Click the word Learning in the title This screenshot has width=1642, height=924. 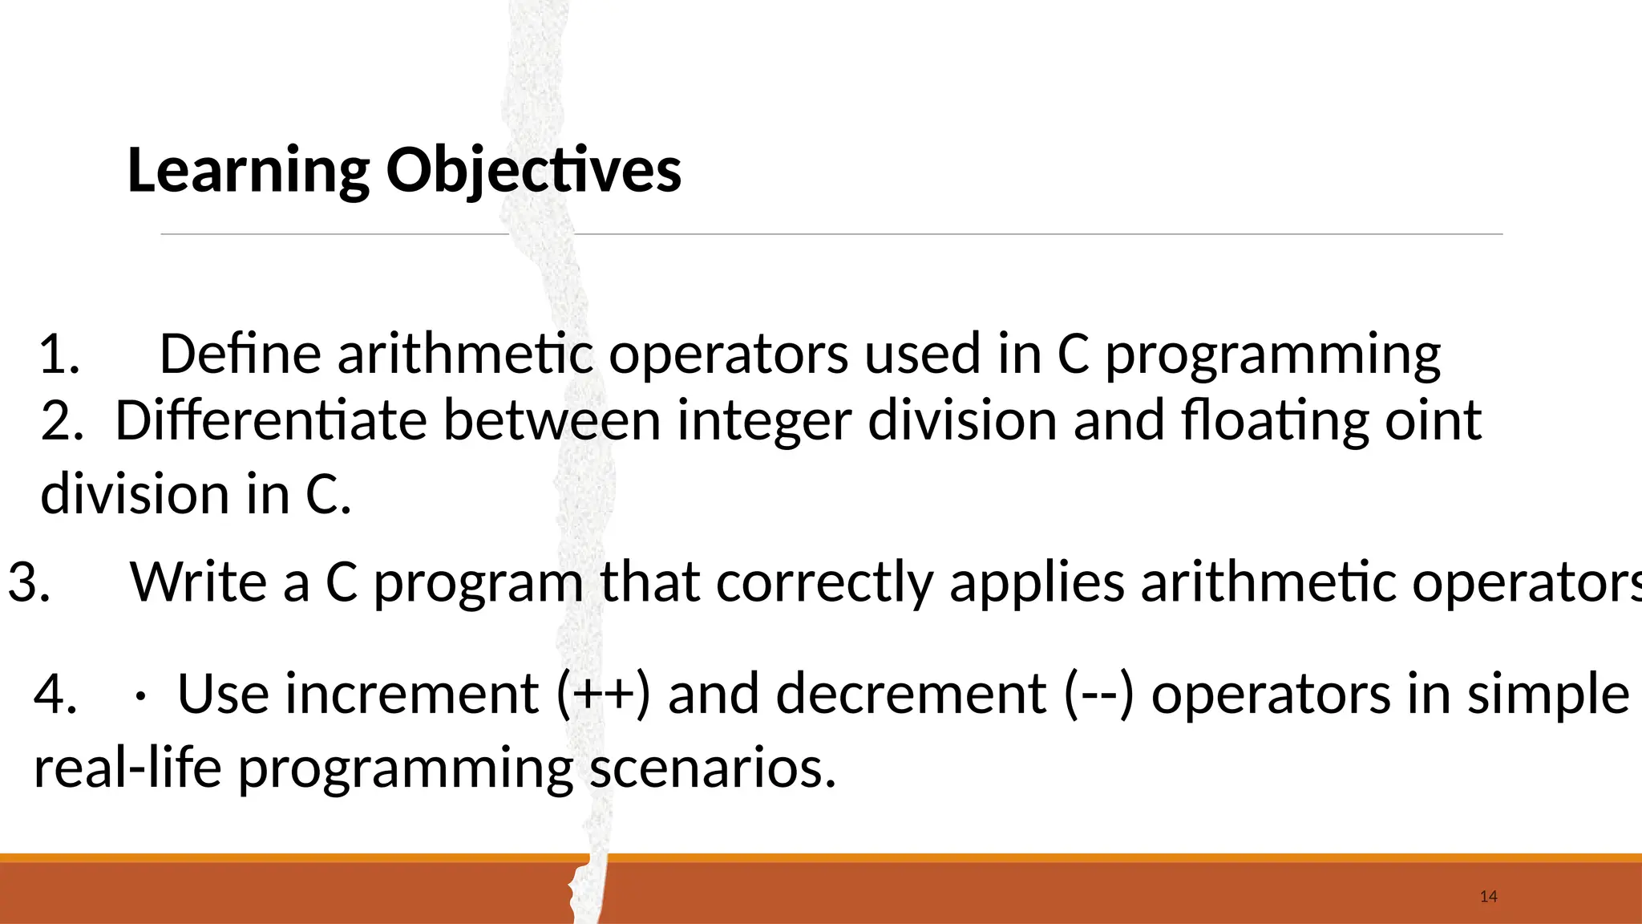pyautogui.click(x=249, y=171)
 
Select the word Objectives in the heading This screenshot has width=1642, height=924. pyautogui.click(x=534, y=171)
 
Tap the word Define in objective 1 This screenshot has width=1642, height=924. pyautogui.click(x=241, y=354)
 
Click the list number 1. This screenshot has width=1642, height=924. pyautogui.click(x=59, y=355)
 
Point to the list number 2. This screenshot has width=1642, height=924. pyautogui.click(x=62, y=421)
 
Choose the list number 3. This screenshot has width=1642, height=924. pyautogui.click(x=29, y=582)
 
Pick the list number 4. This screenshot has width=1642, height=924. pyautogui.click(x=55, y=694)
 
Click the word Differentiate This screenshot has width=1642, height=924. pyautogui.click(x=271, y=420)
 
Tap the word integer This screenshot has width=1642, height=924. pyautogui.click(x=763, y=422)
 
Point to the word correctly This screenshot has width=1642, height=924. pyautogui.click(x=824, y=584)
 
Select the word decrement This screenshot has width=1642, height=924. pyautogui.click(x=911, y=694)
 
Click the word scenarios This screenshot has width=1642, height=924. pyautogui.click(x=713, y=768)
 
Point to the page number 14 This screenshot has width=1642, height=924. pyautogui.click(x=1489, y=897)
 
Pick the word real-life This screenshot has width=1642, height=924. pyautogui.click(x=127, y=768)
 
